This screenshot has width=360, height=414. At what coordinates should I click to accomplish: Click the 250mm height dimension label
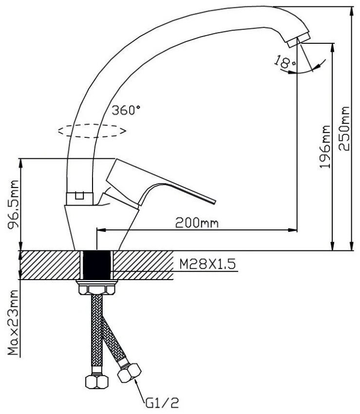[x=344, y=128]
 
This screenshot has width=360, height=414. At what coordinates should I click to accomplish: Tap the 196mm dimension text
[x=324, y=147]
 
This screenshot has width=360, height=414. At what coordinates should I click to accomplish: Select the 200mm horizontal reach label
[x=197, y=223]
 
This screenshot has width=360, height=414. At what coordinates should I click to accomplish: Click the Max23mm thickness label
[x=13, y=322]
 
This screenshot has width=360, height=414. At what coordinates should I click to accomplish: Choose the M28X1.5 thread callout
[x=208, y=264]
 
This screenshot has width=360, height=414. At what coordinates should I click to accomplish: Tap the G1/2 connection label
[x=162, y=403]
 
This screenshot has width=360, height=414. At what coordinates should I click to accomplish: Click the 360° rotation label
[x=126, y=110]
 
